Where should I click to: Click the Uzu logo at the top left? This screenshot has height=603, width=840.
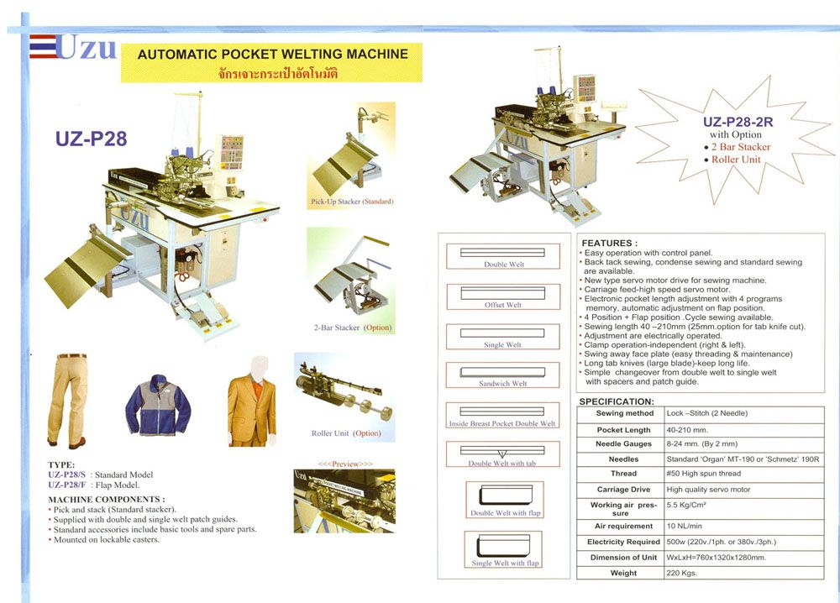point(73,48)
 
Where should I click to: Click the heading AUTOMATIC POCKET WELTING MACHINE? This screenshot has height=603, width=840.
point(272,55)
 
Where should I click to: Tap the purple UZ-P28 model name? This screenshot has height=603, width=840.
point(92,139)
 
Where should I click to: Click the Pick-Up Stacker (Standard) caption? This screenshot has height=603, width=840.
point(352,202)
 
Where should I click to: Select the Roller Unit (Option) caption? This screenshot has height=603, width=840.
point(346,433)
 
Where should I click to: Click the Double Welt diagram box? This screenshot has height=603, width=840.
point(503,256)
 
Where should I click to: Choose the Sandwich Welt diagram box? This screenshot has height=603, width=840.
point(503,375)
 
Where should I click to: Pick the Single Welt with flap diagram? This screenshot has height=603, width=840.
point(504,549)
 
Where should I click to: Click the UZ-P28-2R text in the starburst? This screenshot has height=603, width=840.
point(736,121)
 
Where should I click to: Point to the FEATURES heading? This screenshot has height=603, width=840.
point(610,244)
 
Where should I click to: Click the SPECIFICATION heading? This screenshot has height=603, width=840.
point(617,401)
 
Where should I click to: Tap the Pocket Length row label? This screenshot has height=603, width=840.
point(623,429)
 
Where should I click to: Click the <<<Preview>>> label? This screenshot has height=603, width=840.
point(344,464)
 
